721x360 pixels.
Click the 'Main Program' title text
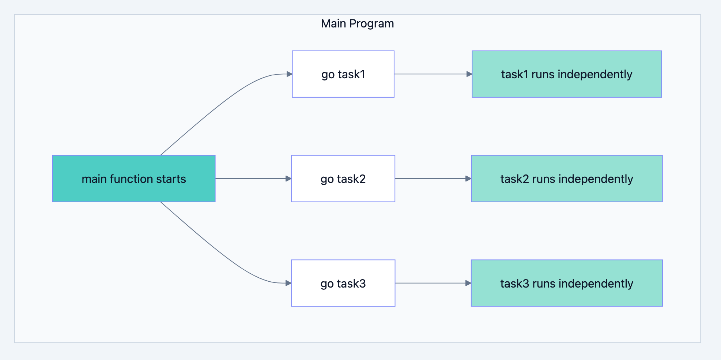tap(357, 23)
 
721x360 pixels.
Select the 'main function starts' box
tap(134, 179)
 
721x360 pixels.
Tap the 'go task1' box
tap(343, 74)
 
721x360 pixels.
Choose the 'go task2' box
tap(343, 179)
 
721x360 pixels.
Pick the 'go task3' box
tap(343, 283)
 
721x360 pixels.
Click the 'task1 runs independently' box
tap(567, 74)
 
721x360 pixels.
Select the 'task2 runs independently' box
tap(567, 179)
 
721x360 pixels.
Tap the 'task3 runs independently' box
tap(567, 283)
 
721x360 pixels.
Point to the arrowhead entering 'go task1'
tap(289, 74)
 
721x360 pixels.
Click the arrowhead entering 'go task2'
tap(288, 179)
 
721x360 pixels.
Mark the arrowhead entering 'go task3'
tap(288, 283)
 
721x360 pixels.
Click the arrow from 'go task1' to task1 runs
tap(431, 74)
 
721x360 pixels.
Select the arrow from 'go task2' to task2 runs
tap(431, 179)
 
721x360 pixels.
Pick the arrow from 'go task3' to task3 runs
tap(431, 283)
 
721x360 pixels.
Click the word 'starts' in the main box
tap(171, 179)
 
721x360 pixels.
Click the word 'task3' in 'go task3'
tap(351, 284)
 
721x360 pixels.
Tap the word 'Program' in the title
tap(371, 23)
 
